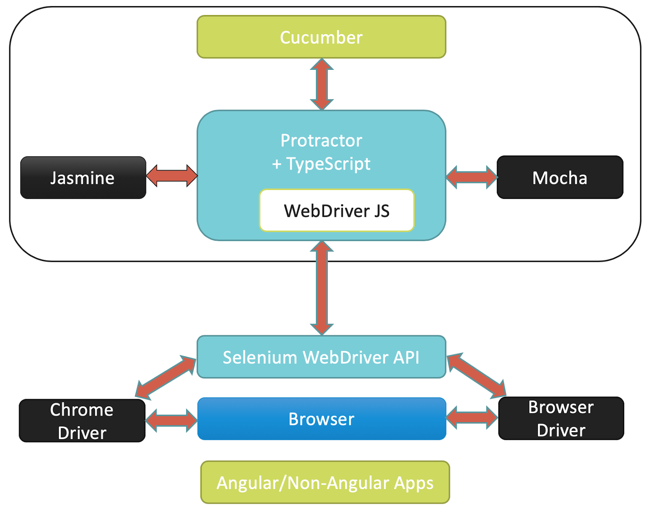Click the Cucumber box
pyautogui.click(x=321, y=37)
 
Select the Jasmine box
pyautogui.click(x=83, y=178)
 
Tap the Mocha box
pyautogui.click(x=560, y=177)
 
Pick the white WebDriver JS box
pyautogui.click(x=337, y=211)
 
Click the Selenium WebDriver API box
pyautogui.click(x=321, y=357)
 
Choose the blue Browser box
pyautogui.click(x=321, y=419)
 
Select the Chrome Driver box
pyautogui.click(x=82, y=421)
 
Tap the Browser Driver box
pyautogui.click(x=561, y=419)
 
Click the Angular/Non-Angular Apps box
pyautogui.click(x=325, y=482)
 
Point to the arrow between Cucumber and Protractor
pyautogui.click(x=322, y=84)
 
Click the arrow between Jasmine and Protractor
pyautogui.click(x=172, y=176)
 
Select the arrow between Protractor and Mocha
pyautogui.click(x=471, y=177)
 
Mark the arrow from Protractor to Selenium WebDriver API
pyautogui.click(x=322, y=288)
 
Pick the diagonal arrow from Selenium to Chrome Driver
pyautogui.click(x=166, y=376)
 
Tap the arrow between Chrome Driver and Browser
pyautogui.click(x=171, y=420)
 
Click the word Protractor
pyautogui.click(x=321, y=140)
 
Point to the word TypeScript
pyautogui.click(x=328, y=164)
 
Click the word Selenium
pyautogui.click(x=260, y=357)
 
